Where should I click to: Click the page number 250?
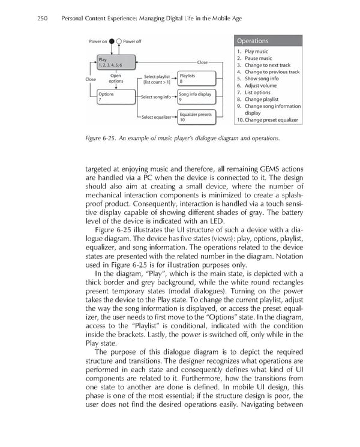pyautogui.click(x=43, y=19)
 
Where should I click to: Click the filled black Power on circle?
pyautogui.click(x=112, y=41)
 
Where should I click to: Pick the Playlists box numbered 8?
pyautogui.click(x=195, y=78)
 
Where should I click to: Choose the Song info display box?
pyautogui.click(x=195, y=97)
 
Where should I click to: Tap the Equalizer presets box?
pyautogui.click(x=196, y=117)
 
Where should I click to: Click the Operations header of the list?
pyautogui.click(x=253, y=41)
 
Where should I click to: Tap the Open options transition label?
pyautogui.click(x=116, y=79)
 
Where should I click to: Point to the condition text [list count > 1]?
pyautogui.click(x=157, y=82)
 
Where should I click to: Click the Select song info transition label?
pyautogui.click(x=155, y=97)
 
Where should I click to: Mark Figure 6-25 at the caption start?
pyautogui.click(x=101, y=139)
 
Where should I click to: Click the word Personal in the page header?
pyautogui.click(x=76, y=19)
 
